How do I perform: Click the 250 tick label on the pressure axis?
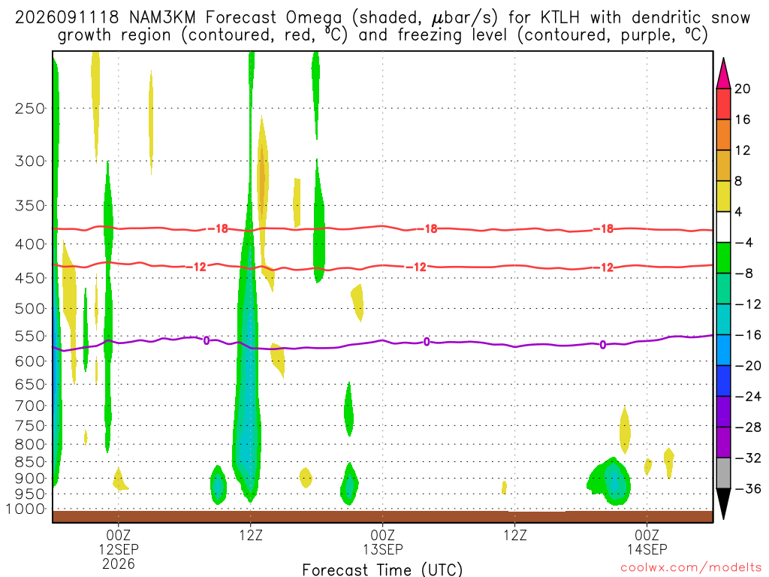click(x=30, y=108)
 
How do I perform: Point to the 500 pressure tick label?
click(x=30, y=309)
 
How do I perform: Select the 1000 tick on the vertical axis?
click(x=26, y=509)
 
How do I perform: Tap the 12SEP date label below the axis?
click(x=119, y=549)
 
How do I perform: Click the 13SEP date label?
click(x=383, y=549)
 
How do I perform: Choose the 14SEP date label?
click(x=647, y=549)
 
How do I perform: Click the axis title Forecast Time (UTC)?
click(x=382, y=569)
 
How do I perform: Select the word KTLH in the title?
click(x=559, y=18)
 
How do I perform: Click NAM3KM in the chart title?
click(x=162, y=18)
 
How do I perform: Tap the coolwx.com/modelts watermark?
click(x=691, y=568)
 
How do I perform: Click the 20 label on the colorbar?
click(x=742, y=89)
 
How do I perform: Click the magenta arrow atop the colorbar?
click(x=723, y=74)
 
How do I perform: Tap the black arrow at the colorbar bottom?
click(x=723, y=503)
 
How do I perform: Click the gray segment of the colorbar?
click(x=723, y=473)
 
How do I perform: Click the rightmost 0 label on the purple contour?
click(x=603, y=345)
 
